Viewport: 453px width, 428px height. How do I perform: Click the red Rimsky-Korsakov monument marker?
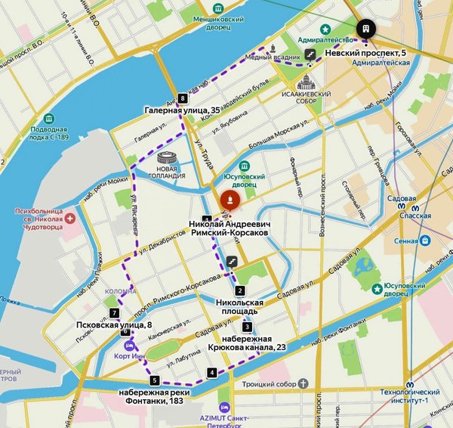(x=229, y=201)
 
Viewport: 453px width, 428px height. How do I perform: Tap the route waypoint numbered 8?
(x=183, y=98)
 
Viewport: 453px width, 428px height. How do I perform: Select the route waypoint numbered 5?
(x=155, y=380)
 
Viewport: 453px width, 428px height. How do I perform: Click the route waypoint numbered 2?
(x=240, y=291)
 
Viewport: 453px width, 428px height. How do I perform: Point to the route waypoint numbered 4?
(x=213, y=372)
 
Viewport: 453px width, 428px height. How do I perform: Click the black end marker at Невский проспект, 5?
(x=365, y=28)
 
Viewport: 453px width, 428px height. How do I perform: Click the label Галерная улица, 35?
(x=183, y=111)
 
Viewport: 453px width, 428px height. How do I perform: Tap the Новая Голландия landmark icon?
(x=171, y=160)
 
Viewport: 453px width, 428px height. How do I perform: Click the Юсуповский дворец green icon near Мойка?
(x=244, y=166)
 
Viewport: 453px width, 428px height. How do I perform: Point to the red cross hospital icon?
(x=70, y=219)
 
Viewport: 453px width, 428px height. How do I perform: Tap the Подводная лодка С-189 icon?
(x=49, y=119)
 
